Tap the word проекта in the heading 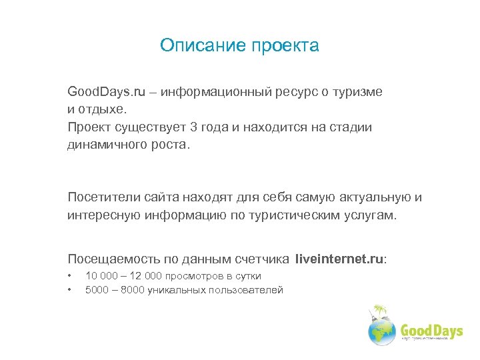tap(286, 46)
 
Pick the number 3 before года tap(194, 127)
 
